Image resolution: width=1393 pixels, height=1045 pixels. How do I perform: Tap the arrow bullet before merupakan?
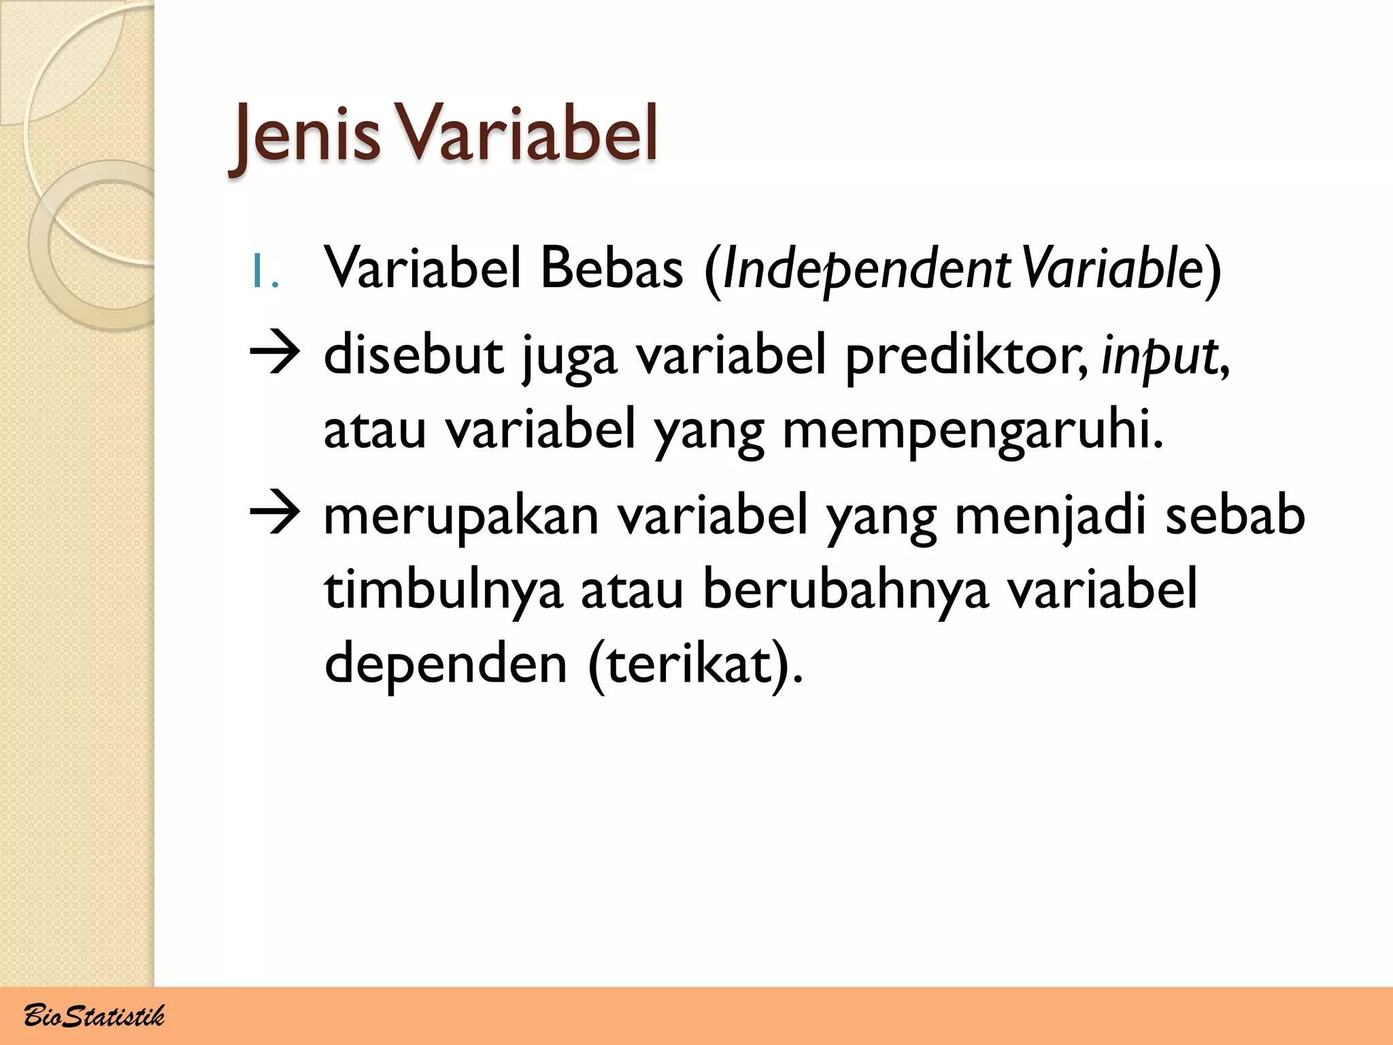pos(275,515)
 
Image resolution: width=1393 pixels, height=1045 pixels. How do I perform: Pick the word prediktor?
pos(966,356)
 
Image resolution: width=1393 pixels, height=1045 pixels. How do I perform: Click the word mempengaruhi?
pos(973,431)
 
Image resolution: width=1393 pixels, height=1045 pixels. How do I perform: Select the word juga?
pos(569,356)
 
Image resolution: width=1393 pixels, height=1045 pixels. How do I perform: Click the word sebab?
pos(1235,514)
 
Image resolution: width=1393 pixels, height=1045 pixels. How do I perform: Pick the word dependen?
pos(446,664)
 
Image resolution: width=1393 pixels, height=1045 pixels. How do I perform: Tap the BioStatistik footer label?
pos(94,1016)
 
